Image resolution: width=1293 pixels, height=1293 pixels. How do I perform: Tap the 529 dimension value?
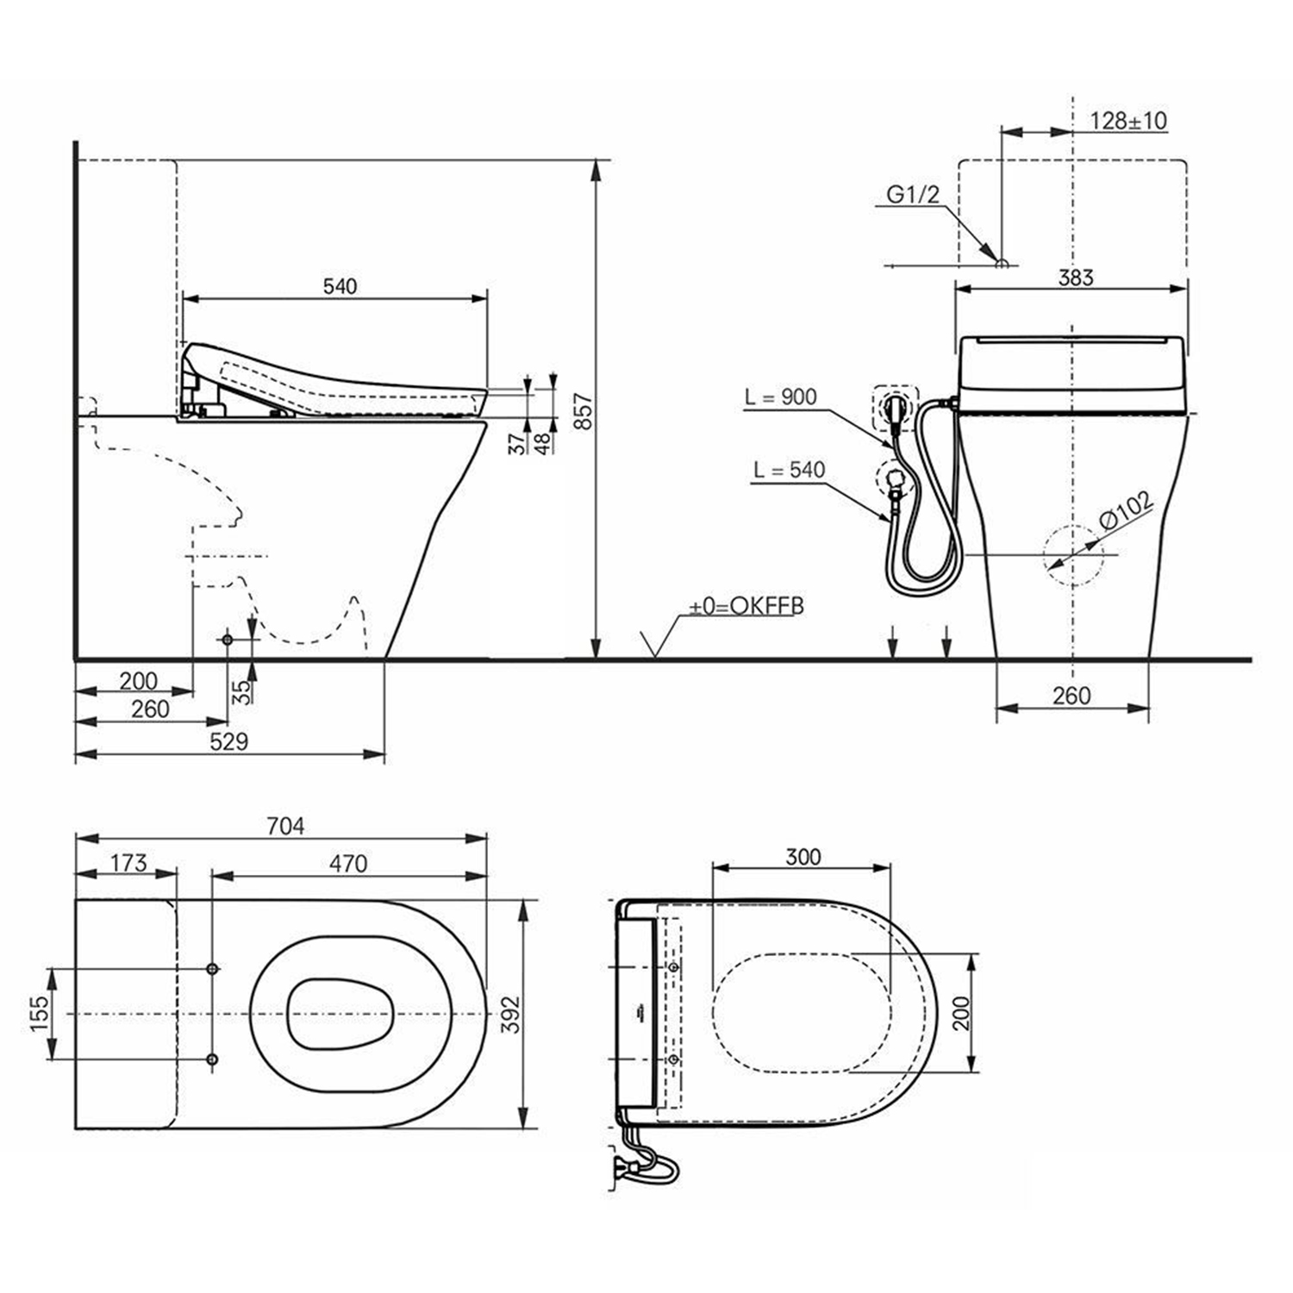[228, 741]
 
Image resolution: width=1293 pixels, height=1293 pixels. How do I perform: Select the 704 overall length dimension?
[285, 826]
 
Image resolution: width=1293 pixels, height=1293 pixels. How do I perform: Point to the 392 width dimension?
[511, 1015]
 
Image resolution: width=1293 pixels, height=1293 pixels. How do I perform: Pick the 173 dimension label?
[128, 863]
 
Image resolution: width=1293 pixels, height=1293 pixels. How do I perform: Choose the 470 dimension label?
[348, 863]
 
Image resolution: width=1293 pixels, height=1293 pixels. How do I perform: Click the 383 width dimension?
[1075, 277]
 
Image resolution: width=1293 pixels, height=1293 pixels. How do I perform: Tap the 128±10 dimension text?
[1128, 121]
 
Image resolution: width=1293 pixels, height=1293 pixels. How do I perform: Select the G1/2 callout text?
[913, 195]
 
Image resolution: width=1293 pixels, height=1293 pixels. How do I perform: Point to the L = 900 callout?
[781, 397]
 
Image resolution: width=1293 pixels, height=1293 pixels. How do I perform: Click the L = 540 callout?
[789, 470]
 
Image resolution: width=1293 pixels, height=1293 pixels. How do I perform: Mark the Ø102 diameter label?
[1126, 510]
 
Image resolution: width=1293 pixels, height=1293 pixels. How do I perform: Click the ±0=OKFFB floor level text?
[746, 606]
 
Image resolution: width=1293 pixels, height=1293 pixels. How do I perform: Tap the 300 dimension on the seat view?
[803, 857]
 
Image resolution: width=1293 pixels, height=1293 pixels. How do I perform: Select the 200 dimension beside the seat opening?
[961, 1013]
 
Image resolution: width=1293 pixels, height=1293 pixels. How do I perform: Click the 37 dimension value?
[516, 445]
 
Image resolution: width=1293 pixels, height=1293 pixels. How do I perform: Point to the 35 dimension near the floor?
[245, 691]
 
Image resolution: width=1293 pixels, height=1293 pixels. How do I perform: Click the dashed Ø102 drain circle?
[1072, 555]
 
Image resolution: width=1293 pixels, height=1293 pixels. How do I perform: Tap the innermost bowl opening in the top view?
[340, 1015]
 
